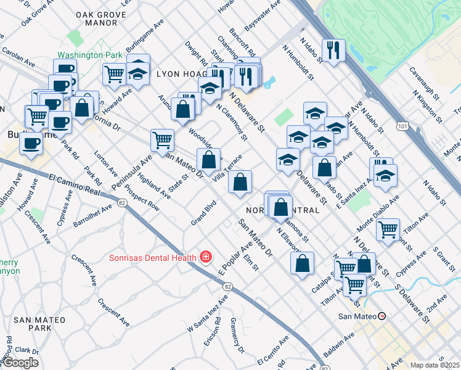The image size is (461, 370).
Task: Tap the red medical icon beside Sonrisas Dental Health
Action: (x=206, y=257)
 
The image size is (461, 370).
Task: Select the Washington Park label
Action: (x=90, y=55)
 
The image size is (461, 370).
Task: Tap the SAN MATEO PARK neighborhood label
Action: (x=33, y=324)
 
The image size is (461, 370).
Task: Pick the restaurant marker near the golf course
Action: (x=333, y=51)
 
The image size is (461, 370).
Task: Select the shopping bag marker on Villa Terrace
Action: (x=240, y=181)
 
